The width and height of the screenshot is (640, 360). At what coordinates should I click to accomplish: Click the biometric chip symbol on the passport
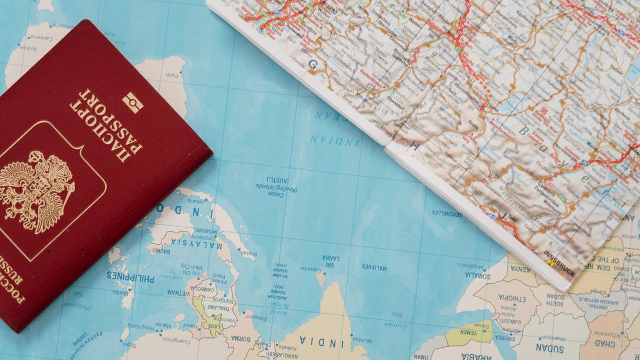pyautogui.click(x=133, y=102)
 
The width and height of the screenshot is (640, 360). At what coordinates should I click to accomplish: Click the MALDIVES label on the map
pyautogui.click(x=374, y=268)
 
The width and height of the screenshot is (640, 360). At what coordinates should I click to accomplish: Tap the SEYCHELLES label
pyautogui.click(x=447, y=213)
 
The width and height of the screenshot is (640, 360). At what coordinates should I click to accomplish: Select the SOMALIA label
pyautogui.click(x=477, y=275)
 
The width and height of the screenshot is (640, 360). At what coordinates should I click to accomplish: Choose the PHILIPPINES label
pyautogui.click(x=130, y=277)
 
